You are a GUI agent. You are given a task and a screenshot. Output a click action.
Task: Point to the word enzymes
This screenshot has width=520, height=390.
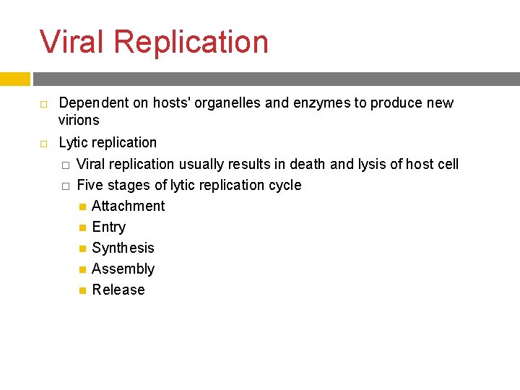[322, 103]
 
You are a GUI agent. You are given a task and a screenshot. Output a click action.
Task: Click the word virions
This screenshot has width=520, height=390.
[79, 120]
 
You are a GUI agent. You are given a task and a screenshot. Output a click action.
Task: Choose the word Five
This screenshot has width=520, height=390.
[90, 185]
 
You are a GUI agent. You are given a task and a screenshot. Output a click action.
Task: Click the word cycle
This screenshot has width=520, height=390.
[285, 186]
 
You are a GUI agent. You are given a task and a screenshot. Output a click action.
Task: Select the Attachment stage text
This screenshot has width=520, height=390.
[129, 206]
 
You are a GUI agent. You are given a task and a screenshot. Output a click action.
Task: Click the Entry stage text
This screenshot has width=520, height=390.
[109, 227]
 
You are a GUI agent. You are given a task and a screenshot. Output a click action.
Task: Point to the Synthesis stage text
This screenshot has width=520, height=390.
[123, 248]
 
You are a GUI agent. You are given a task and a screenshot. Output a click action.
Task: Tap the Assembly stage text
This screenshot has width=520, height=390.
[123, 269]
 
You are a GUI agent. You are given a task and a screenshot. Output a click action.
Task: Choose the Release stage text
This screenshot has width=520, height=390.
[118, 290]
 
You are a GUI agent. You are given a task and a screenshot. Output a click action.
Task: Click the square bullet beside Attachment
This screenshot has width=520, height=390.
[82, 207]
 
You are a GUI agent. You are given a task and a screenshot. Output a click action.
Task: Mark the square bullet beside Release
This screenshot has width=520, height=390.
[82, 290]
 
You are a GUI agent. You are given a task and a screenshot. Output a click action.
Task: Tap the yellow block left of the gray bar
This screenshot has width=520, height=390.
[14, 79]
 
